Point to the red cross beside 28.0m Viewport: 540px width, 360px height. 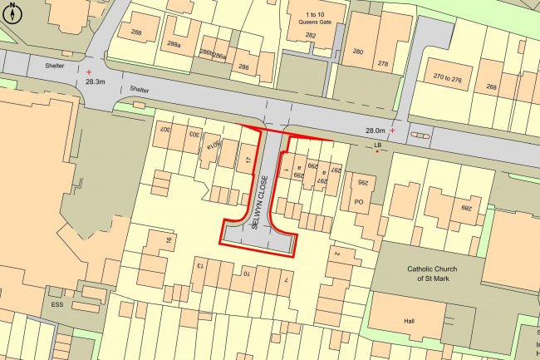pos(393,131)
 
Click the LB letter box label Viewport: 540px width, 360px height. pos(377,145)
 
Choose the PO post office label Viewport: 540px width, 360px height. pos(360,201)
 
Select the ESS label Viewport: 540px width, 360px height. pos(57,304)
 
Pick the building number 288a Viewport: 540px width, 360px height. pos(174,43)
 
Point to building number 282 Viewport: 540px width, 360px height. pos(311,35)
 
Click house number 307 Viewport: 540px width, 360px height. pos(164,131)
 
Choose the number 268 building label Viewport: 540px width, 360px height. pos(491,86)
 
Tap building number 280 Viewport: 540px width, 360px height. pos(358,52)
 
